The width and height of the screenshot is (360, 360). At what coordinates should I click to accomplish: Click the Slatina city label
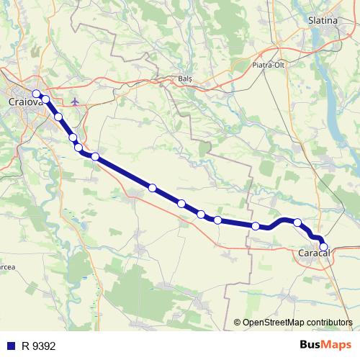click(x=323, y=20)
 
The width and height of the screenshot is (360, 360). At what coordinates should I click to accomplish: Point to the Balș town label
click(x=186, y=78)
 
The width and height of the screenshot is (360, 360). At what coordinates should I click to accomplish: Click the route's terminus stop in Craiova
click(x=36, y=94)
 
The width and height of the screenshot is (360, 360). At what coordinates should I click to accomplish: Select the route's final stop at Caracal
click(x=323, y=247)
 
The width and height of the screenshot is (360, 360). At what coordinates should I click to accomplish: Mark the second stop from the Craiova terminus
click(x=45, y=99)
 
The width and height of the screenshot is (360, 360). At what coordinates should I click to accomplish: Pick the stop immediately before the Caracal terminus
click(x=297, y=222)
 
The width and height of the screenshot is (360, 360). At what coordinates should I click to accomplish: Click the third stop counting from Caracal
click(x=256, y=226)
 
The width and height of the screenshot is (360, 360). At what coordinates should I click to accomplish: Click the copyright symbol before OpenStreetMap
click(x=237, y=323)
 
